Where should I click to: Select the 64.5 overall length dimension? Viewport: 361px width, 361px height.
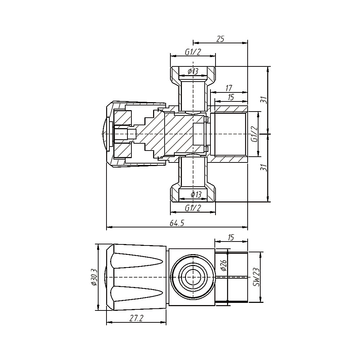[177, 223]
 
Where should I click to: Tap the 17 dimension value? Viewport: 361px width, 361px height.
[228, 88]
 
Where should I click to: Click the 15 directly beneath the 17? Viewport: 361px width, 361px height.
[231, 97]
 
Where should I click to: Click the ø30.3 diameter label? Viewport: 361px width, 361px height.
[94, 277]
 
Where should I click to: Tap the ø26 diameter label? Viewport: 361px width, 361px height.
[223, 266]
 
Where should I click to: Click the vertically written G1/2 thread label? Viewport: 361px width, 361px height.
[254, 134]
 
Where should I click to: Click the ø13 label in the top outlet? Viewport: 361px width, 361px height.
[193, 71]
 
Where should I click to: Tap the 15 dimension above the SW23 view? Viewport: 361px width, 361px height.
[231, 237]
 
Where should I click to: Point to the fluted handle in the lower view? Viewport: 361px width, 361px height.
[137, 278]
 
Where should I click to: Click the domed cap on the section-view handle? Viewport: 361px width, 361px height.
[107, 134]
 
